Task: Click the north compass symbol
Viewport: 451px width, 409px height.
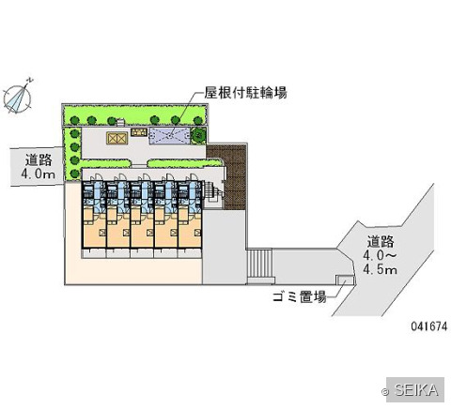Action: (18, 97)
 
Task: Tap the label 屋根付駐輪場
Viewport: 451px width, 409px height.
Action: (245, 93)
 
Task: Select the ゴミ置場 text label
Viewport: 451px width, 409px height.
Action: (299, 296)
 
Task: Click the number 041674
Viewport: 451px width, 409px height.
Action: (429, 326)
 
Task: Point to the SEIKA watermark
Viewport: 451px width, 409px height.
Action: (414, 389)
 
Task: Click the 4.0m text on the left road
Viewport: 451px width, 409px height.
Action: (39, 174)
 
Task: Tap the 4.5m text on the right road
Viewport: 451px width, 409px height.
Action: (381, 269)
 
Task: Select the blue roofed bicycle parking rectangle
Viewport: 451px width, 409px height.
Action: (169, 136)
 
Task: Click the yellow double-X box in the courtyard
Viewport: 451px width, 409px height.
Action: (117, 138)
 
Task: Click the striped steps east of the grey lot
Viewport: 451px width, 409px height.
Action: (259, 263)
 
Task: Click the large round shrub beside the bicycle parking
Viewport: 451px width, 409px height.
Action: (198, 135)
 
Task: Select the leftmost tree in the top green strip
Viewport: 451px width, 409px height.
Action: (74, 120)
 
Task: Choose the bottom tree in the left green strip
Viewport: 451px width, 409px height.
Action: (74, 174)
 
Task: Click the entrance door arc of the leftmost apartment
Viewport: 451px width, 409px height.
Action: (98, 177)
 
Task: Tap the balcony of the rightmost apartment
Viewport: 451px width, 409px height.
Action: (190, 253)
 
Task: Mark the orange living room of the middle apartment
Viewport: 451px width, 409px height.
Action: (142, 231)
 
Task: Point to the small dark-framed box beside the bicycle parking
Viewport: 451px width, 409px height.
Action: (139, 132)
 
